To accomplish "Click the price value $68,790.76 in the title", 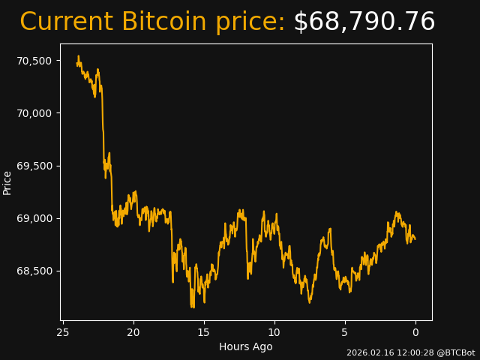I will [x=364, y=22].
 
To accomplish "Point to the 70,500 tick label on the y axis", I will [x=34, y=61].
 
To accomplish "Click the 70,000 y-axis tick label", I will [x=34, y=113].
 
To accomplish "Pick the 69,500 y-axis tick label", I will [x=34, y=166].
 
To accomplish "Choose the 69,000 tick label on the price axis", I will [x=34, y=218].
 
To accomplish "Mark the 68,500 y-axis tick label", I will [x=34, y=271].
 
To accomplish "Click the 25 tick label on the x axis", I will [x=63, y=332].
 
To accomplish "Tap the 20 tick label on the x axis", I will [x=133, y=332].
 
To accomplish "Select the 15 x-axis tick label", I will [x=204, y=332].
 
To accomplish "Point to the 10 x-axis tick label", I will [x=274, y=332].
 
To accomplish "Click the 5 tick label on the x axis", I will [x=345, y=332].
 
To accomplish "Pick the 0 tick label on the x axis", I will [x=415, y=332].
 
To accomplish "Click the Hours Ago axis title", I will [x=246, y=346].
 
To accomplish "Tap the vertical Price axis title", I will [x=7, y=183].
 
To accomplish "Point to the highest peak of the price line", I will [x=78, y=55].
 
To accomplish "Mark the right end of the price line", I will [x=415, y=239].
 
